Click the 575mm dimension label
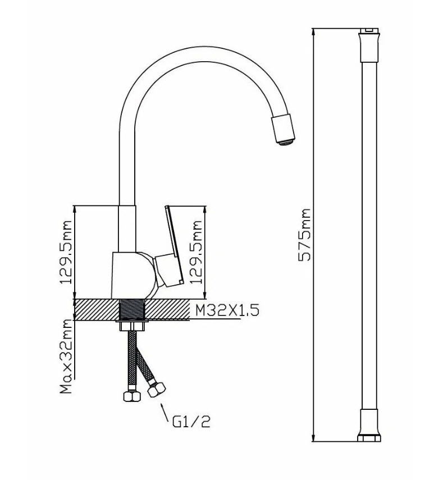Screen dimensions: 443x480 coord(304,235)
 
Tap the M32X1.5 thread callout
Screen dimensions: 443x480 coord(227,310)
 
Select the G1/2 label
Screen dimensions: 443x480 coord(191,421)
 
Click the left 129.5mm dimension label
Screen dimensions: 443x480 coord(66,252)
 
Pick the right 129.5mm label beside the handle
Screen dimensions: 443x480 coord(197,252)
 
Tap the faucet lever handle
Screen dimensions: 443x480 coord(170,246)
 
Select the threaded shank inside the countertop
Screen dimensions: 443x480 coord(131,310)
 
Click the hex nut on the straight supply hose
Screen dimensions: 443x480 coord(131,396)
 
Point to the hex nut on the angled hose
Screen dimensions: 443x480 coord(156,389)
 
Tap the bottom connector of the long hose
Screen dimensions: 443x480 coord(369,425)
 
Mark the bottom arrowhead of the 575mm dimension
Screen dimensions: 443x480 coord(313,438)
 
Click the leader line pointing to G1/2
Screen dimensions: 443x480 coord(165,413)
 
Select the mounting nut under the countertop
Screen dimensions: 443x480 coord(131,326)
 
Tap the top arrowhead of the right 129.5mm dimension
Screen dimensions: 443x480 coord(205,210)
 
